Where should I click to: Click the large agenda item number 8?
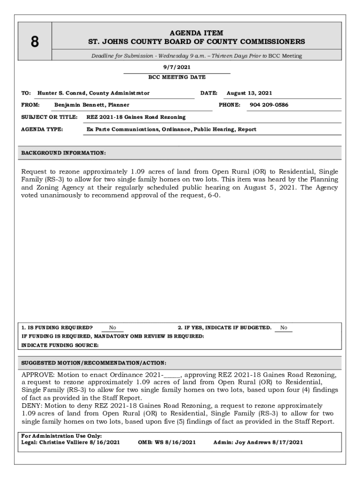tap(35, 42)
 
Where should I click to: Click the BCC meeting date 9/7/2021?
tap(177, 67)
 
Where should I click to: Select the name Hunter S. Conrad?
tap(62, 93)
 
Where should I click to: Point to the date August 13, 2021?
tap(249, 93)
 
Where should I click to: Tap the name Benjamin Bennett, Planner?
tap(92, 105)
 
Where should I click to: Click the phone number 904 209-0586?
tap(269, 105)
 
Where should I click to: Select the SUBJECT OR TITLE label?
tap(49, 117)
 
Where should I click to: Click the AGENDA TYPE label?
tap(42, 129)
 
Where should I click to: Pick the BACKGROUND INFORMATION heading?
tap(64, 153)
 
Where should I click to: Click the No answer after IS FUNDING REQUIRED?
tap(113, 328)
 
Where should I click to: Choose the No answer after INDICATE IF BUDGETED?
tap(284, 328)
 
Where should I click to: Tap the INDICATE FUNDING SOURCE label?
tap(60, 345)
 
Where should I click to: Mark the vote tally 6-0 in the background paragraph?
tap(212, 196)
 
